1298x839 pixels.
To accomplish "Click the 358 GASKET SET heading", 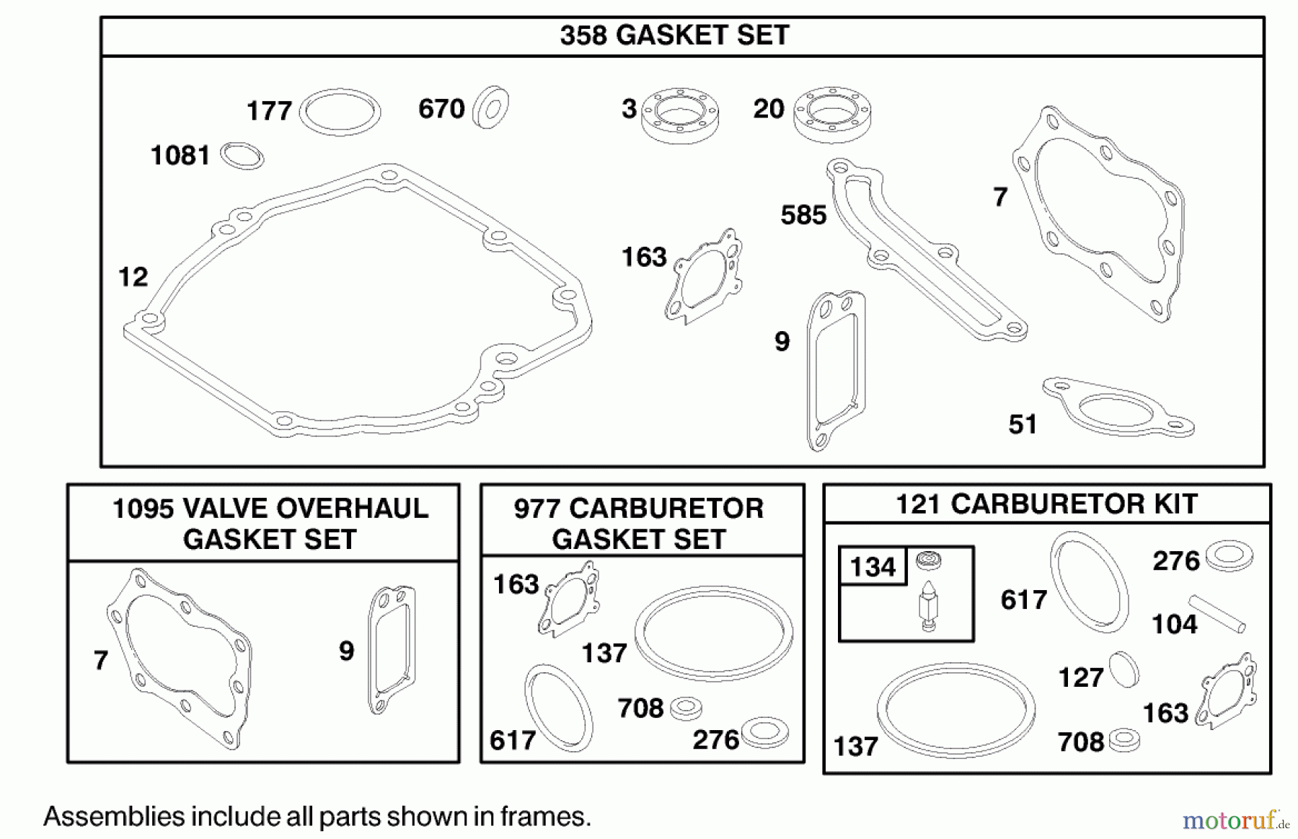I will (674, 35).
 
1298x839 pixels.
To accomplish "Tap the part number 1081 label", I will (180, 155).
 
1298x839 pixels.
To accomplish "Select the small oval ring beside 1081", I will (242, 156).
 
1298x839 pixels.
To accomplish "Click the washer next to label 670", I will (490, 108).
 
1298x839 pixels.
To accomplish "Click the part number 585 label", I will (803, 215).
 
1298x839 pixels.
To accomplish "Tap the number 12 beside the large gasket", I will (133, 277).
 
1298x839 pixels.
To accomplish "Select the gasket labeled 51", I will (1118, 408).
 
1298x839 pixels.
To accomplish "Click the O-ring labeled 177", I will (340, 113).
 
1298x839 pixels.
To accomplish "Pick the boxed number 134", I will (873, 567).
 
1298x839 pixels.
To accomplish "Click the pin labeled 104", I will (1217, 612).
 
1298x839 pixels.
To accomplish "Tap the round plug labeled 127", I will (1123, 669).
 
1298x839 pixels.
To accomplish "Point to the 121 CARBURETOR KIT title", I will (1046, 504).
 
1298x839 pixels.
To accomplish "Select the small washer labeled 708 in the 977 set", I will (686, 709).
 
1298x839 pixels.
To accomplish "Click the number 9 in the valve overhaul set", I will (347, 651).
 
